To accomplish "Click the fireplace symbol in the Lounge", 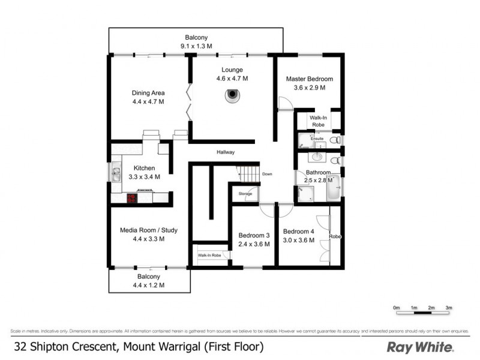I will pyautogui.click(x=232, y=95).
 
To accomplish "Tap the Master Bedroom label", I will pyautogui.click(x=309, y=79).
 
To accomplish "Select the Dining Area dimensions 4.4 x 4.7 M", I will pyautogui.click(x=148, y=102).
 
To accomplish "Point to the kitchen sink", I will pyautogui.click(x=115, y=173).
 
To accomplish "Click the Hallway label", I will pyautogui.click(x=226, y=152).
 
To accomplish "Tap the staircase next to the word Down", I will pyautogui.click(x=248, y=174).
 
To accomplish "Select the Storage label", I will pyautogui.click(x=245, y=194).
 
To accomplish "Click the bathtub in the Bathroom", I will pyautogui.click(x=333, y=187).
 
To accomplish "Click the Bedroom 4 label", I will pyautogui.click(x=298, y=232).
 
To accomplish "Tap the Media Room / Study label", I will pyautogui.click(x=148, y=230).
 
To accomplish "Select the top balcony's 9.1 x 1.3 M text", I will pyautogui.click(x=196, y=46).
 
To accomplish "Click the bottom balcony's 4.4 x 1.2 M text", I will pyautogui.click(x=148, y=285).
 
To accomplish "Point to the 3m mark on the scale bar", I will pyautogui.click(x=448, y=308).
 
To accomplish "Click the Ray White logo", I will pyautogui.click(x=420, y=347).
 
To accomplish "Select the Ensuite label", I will pyautogui.click(x=317, y=139).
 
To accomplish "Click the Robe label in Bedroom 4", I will pyautogui.click(x=335, y=237).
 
